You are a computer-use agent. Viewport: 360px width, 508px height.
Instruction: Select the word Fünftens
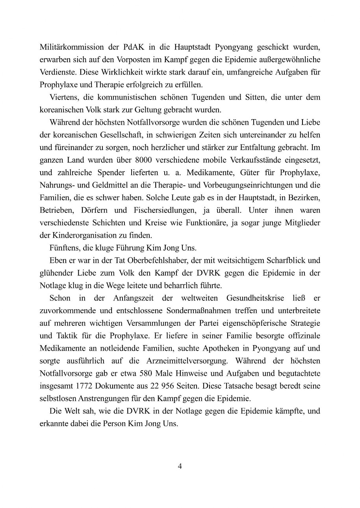click(65, 248)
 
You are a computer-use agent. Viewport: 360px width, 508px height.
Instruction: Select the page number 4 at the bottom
click(180, 467)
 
